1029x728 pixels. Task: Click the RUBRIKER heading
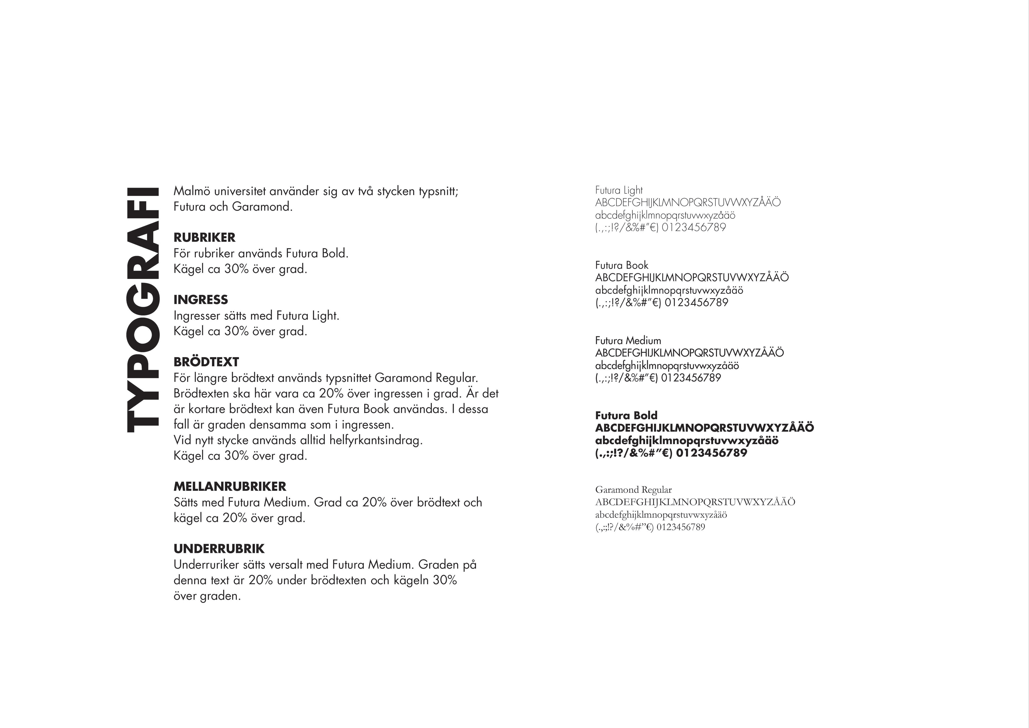(x=204, y=237)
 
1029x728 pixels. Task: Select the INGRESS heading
(x=201, y=300)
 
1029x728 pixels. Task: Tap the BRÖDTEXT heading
(x=206, y=362)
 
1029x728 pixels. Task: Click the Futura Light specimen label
(x=619, y=190)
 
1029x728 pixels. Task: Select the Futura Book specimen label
(x=622, y=265)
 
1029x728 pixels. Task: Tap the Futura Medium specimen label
(x=628, y=341)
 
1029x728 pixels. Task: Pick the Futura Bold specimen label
(x=626, y=415)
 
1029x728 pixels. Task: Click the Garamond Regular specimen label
(x=633, y=490)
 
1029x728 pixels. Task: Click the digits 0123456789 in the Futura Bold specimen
(x=712, y=453)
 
